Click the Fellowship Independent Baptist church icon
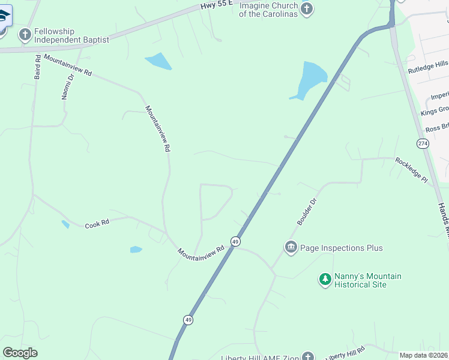click(x=25, y=34)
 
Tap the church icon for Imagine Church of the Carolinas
click(x=307, y=9)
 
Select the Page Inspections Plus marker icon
click(x=291, y=247)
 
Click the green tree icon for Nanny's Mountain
click(x=325, y=279)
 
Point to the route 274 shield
click(x=423, y=143)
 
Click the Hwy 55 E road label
click(x=215, y=5)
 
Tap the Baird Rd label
click(x=37, y=67)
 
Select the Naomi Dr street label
click(x=67, y=87)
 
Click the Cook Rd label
click(x=97, y=224)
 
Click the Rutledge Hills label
click(x=428, y=67)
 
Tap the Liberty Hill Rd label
click(x=347, y=353)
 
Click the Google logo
click(x=20, y=353)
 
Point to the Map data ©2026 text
click(x=424, y=355)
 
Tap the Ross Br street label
click(x=436, y=128)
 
